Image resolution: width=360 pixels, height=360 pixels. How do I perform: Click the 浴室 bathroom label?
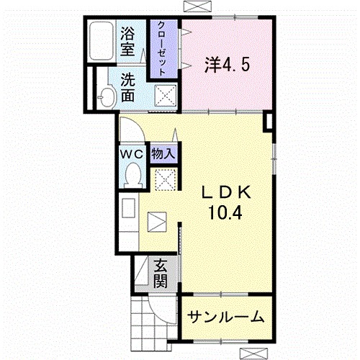tap(129, 40)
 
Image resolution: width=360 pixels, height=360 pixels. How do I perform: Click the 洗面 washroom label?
tap(129, 86)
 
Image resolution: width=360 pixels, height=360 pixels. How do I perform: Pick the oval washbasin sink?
tap(106, 96)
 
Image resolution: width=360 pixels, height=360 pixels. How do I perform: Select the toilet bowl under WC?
tap(132, 174)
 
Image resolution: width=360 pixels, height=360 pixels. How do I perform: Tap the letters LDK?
tap(225, 192)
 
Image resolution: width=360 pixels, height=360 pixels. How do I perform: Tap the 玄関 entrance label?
tap(160, 273)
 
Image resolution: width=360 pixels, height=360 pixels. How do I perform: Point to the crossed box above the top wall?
tap(195, 6)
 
